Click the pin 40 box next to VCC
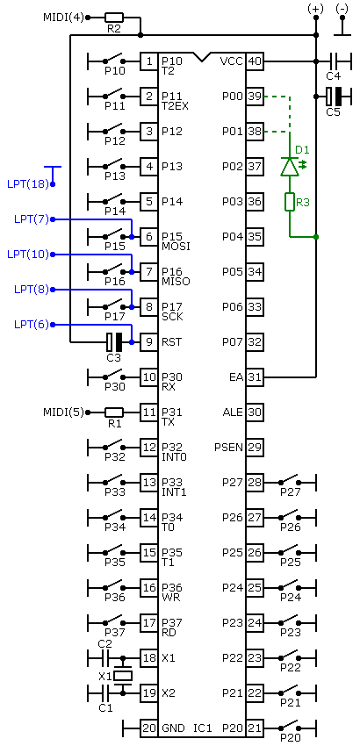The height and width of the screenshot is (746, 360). [255, 61]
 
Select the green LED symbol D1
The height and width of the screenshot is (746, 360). [291, 167]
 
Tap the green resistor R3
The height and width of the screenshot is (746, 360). [291, 202]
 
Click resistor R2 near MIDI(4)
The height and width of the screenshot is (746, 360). [114, 18]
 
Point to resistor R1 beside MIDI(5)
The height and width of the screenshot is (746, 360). [114, 412]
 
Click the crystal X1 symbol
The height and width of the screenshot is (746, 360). [123, 676]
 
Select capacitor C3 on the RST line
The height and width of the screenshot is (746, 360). [114, 342]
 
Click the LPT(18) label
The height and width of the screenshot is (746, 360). [28, 183]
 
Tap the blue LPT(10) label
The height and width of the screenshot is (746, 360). [28, 254]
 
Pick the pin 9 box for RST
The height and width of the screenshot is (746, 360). [149, 342]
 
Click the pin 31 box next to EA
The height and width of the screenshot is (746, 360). [255, 377]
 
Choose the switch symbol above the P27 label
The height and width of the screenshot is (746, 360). [291, 481]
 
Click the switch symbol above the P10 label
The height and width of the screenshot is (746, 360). [114, 59]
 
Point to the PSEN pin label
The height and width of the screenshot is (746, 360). [228, 448]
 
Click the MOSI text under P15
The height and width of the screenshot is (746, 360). [176, 246]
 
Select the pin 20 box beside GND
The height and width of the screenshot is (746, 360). [149, 728]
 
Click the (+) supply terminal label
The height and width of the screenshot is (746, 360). [316, 8]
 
